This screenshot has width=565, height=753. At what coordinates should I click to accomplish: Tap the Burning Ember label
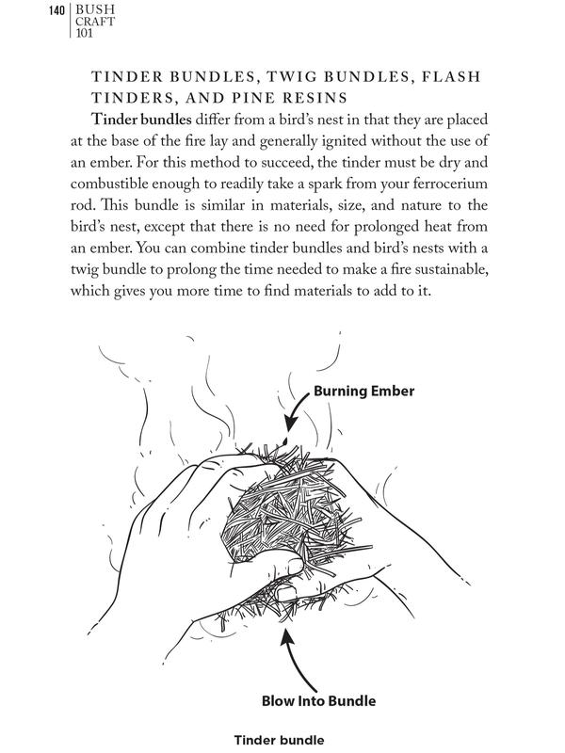(x=364, y=390)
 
